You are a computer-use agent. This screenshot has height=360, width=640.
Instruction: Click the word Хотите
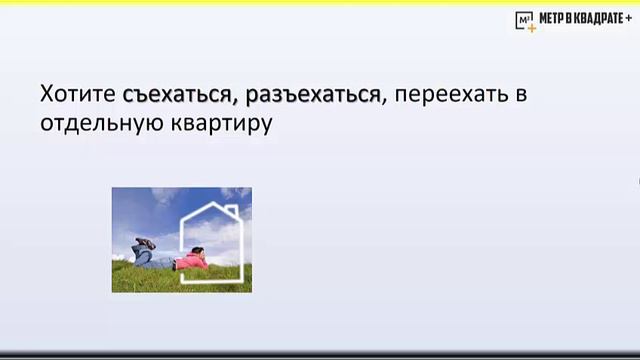[x=80, y=95]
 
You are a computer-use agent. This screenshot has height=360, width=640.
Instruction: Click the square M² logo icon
[x=524, y=20]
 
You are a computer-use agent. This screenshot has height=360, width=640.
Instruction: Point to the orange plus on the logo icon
[x=531, y=27]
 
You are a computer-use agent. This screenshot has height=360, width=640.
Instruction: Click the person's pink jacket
[x=190, y=262]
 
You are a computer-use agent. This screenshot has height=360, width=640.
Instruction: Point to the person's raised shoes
[x=147, y=243]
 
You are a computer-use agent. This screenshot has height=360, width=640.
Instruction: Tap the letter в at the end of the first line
[x=520, y=95]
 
